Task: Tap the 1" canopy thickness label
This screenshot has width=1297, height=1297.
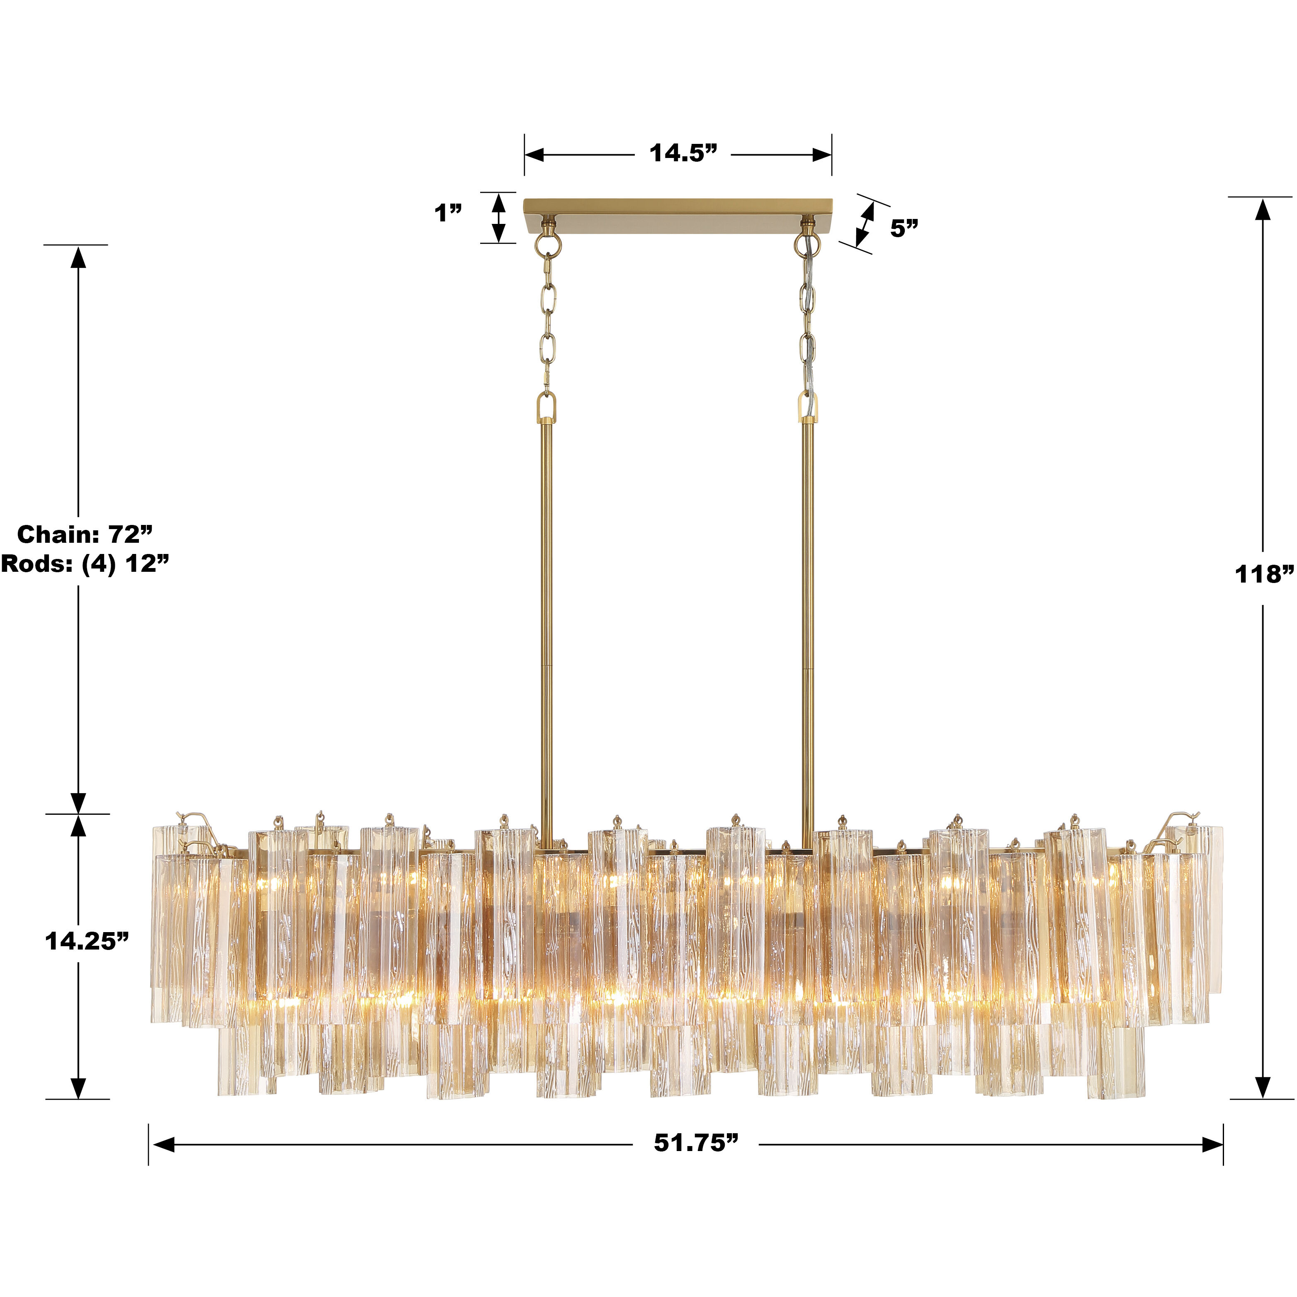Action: click(x=448, y=214)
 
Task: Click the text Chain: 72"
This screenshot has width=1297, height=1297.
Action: click(x=85, y=534)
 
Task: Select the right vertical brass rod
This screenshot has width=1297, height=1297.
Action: click(x=808, y=604)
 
